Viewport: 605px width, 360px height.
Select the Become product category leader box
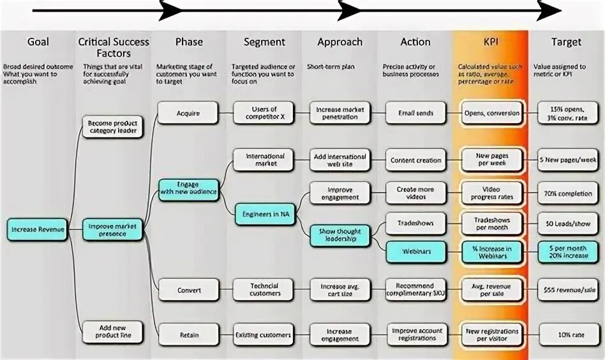(113, 127)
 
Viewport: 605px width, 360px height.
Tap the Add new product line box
(113, 332)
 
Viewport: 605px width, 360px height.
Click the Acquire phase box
(188, 114)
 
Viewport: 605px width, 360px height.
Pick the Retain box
(188, 334)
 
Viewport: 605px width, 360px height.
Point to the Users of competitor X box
(264, 113)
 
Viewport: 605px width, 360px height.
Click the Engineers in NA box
(264, 214)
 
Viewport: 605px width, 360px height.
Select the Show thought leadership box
(340, 236)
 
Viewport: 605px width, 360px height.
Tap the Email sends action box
(416, 113)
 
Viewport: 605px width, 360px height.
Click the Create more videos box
(416, 193)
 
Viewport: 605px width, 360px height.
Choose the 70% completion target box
(567, 193)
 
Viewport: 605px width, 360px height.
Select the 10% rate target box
(567, 334)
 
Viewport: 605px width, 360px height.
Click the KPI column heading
(491, 42)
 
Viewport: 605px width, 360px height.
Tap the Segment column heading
(264, 42)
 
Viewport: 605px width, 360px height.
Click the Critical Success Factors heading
(113, 48)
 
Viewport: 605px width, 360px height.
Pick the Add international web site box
(340, 160)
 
